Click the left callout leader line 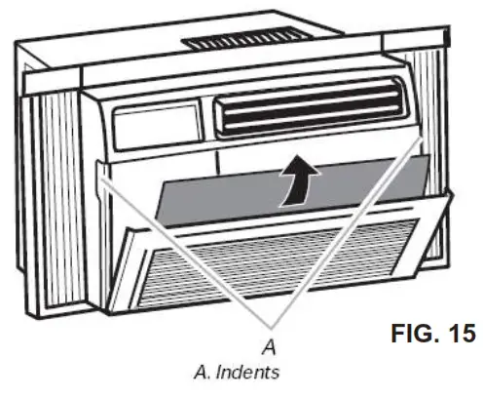[x=185, y=254]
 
